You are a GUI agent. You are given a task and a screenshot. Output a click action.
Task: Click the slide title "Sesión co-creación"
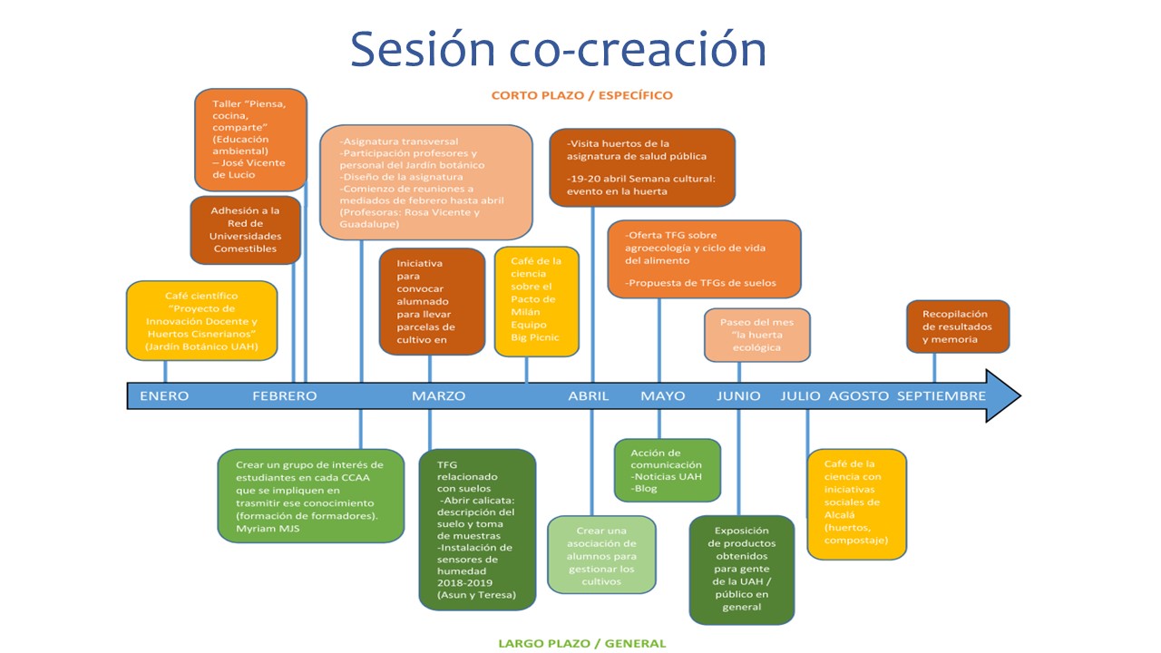click(558, 49)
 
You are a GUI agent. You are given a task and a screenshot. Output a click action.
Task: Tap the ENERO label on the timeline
click(164, 395)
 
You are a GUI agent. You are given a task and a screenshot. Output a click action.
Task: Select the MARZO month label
click(438, 395)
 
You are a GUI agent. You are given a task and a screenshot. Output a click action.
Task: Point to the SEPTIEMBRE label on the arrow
click(941, 395)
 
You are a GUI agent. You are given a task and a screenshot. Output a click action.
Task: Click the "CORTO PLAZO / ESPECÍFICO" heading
click(581, 94)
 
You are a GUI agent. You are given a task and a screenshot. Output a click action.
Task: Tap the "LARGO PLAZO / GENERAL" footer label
click(581, 643)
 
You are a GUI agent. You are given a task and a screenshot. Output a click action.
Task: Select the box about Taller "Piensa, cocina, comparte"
click(250, 140)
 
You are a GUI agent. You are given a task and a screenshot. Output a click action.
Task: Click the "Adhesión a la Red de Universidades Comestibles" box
click(245, 229)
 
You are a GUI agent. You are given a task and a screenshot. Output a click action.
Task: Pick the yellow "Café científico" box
click(201, 321)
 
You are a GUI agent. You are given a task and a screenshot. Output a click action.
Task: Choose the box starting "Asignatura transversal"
click(425, 181)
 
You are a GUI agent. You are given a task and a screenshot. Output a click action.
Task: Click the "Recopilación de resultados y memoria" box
click(958, 326)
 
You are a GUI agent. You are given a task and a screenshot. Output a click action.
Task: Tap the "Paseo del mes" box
click(756, 335)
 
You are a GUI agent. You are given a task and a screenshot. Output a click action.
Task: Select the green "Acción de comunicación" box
click(667, 470)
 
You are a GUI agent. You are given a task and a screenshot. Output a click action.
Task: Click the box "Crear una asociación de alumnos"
click(601, 555)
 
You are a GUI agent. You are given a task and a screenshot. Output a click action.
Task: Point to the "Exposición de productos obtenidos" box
click(741, 570)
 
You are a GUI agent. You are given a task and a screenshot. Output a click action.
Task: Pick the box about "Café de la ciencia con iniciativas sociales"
click(856, 503)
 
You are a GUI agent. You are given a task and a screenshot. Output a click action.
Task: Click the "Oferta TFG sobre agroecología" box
click(704, 258)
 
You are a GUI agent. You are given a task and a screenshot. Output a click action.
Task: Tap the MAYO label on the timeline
click(663, 395)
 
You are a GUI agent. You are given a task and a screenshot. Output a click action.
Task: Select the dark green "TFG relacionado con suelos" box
click(477, 529)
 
